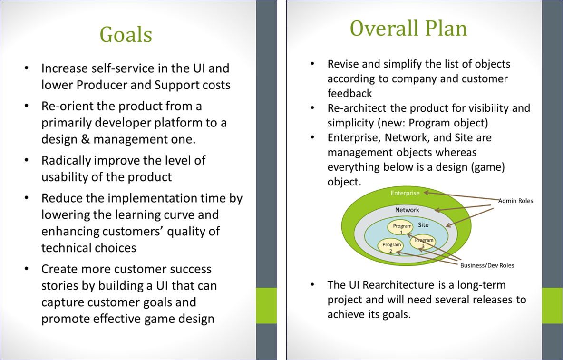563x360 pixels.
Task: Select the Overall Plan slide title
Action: pyautogui.click(x=408, y=29)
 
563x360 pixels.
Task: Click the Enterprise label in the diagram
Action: pyautogui.click(x=405, y=193)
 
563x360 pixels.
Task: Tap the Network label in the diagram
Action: pyautogui.click(x=407, y=210)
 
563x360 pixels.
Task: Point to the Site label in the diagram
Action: pyautogui.click(x=423, y=224)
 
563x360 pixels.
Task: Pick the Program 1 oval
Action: pyautogui.click(x=402, y=228)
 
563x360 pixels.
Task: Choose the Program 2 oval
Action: pyautogui.click(x=391, y=246)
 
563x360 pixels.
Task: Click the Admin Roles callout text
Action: pyautogui.click(x=515, y=201)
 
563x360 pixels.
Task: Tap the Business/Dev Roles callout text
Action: pyautogui.click(x=487, y=265)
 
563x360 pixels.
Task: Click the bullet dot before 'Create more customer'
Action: pyautogui.click(x=27, y=269)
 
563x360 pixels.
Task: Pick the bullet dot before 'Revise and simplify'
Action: pyautogui.click(x=312, y=64)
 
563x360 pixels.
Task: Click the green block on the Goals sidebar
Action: pyautogui.click(x=266, y=305)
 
